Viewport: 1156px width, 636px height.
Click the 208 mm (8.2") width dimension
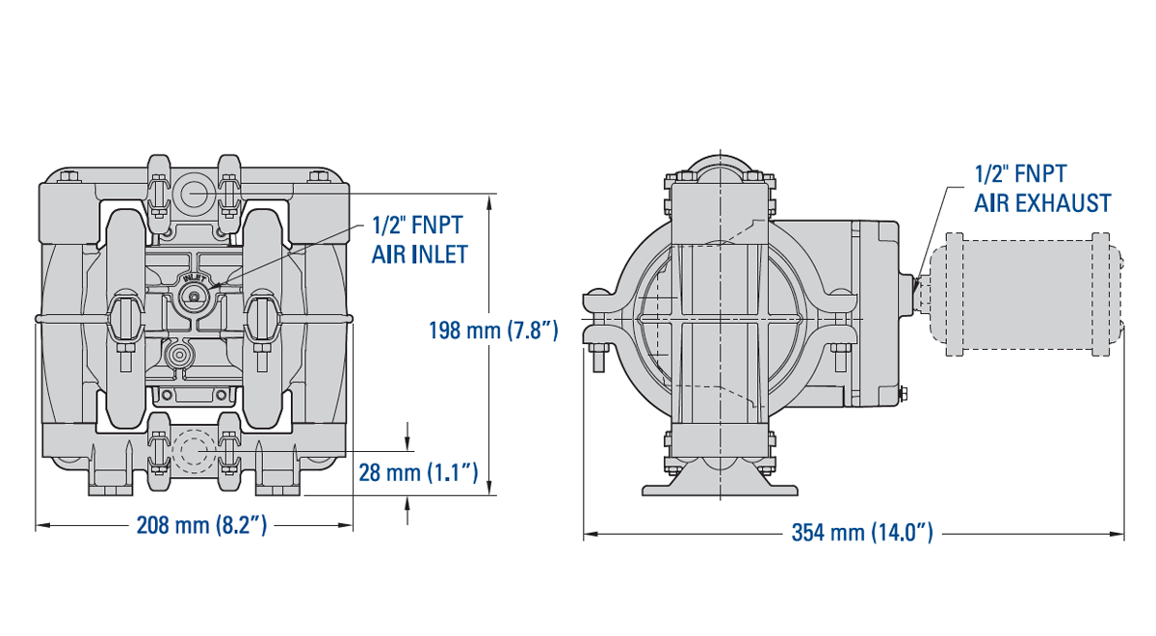tap(201, 526)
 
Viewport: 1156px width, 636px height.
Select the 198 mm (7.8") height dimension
tap(493, 331)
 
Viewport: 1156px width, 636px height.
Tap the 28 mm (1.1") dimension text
tap(419, 472)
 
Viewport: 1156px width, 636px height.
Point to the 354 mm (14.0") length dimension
tap(862, 533)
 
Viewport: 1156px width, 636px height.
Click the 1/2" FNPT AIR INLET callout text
tap(418, 239)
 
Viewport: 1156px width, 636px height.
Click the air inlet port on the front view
tap(193, 298)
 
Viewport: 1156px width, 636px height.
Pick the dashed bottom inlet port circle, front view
tap(193, 450)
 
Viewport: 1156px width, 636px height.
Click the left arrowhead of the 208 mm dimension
tap(40, 525)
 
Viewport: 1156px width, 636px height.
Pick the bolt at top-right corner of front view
tap(318, 176)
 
